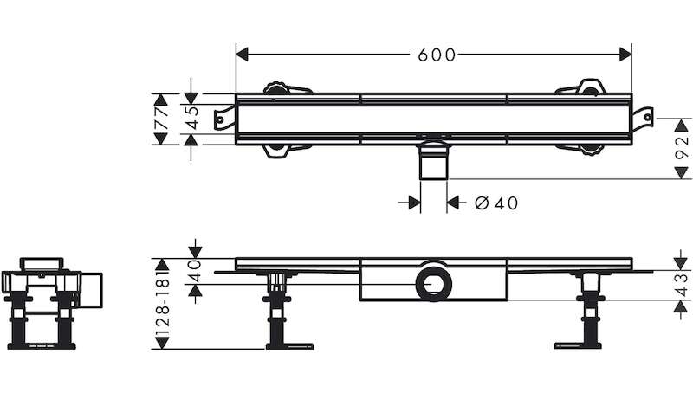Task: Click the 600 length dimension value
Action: pos(437,55)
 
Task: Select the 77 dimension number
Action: pos(162,119)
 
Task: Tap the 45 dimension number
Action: pos(191,118)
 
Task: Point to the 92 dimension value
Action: pos(683,148)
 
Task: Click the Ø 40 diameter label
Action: pos(495,203)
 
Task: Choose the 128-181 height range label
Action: pos(163,304)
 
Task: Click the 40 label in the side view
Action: pos(195,271)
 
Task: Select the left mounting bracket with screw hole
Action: pos(224,118)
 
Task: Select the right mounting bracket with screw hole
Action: pos(642,118)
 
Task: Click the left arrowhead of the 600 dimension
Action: pos(243,55)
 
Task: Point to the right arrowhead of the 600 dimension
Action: pos(625,55)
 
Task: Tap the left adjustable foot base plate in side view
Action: pos(289,346)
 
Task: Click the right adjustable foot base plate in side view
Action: pos(577,345)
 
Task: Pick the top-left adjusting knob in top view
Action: pos(276,88)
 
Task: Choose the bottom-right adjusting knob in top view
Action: pos(589,150)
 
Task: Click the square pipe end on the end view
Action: pos(92,289)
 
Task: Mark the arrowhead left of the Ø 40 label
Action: pos(415,203)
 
